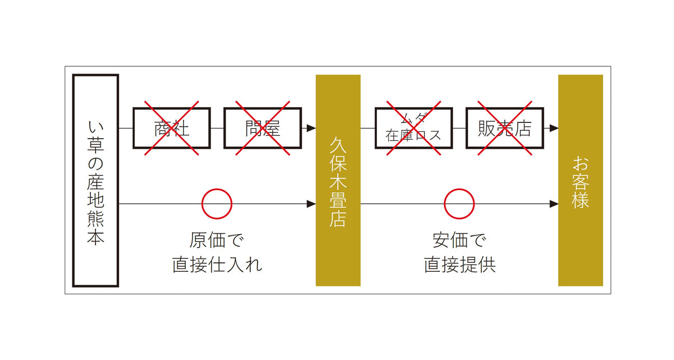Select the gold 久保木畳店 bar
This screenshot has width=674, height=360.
point(338,180)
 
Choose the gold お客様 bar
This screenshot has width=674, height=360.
point(580,180)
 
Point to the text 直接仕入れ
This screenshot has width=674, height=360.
point(217,265)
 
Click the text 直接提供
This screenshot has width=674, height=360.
point(459,265)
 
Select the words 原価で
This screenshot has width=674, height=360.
point(216,240)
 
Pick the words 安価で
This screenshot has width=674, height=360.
point(459,240)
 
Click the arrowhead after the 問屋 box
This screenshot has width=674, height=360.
point(311,128)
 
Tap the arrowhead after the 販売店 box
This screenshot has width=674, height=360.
point(554,128)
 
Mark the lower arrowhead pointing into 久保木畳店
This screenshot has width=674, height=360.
point(311,204)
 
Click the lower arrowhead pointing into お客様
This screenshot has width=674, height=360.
point(554,204)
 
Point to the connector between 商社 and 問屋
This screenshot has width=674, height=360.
point(217,128)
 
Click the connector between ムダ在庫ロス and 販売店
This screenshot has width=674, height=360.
point(459,128)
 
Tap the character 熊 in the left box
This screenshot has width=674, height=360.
point(95,218)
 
